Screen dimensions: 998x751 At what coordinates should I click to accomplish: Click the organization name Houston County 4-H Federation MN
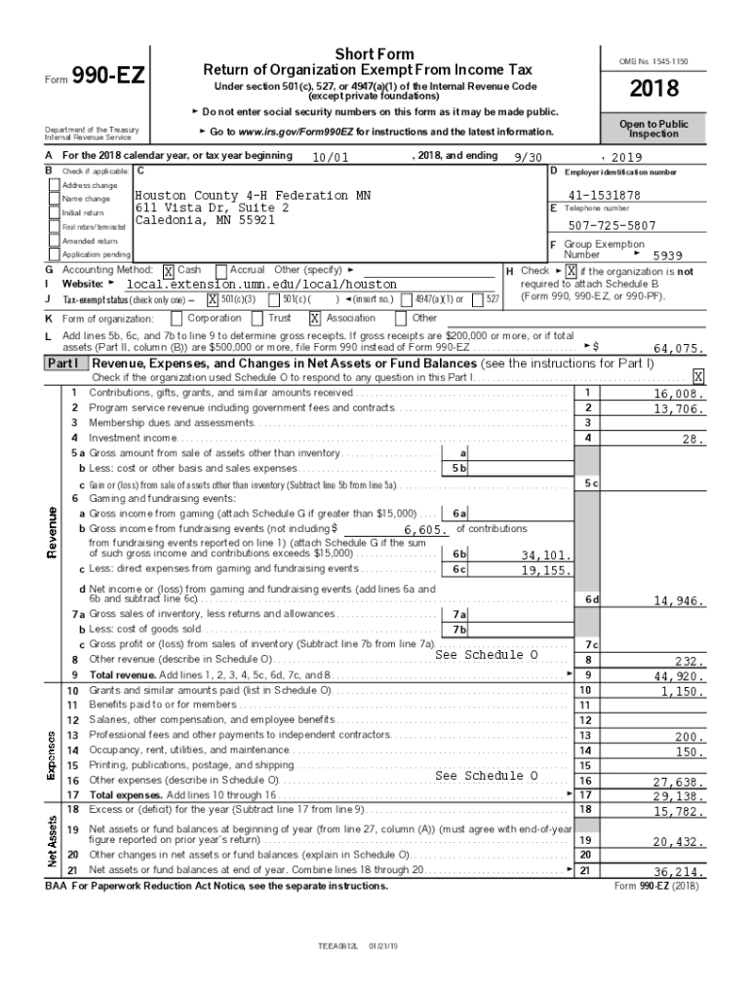pyautogui.click(x=252, y=195)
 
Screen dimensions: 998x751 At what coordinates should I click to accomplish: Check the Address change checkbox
pyautogui.click(x=55, y=185)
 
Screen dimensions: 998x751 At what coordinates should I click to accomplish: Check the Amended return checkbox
pyautogui.click(x=55, y=240)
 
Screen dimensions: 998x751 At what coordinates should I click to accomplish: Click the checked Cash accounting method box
pyautogui.click(x=169, y=271)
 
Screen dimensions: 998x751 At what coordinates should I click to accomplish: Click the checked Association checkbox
pyautogui.click(x=315, y=318)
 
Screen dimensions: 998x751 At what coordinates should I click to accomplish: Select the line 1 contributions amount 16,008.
pyautogui.click(x=678, y=394)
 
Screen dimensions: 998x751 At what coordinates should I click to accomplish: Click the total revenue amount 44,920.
pyautogui.click(x=678, y=675)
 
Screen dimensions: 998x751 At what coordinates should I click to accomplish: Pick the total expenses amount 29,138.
pyautogui.click(x=678, y=796)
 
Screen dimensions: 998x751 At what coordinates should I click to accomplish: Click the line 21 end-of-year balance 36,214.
pyautogui.click(x=678, y=872)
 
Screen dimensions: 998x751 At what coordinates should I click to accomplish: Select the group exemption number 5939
pyautogui.click(x=667, y=255)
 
